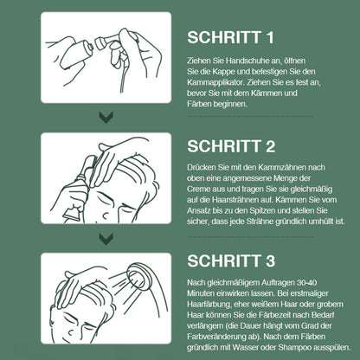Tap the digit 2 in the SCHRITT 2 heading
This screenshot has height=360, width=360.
(x=270, y=146)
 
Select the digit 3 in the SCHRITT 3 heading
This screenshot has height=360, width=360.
(x=270, y=260)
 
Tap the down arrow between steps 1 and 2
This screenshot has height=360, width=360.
(x=106, y=118)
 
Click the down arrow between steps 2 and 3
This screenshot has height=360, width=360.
(x=106, y=239)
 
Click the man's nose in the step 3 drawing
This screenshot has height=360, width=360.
(x=79, y=329)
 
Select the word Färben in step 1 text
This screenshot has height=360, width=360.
(x=199, y=104)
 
